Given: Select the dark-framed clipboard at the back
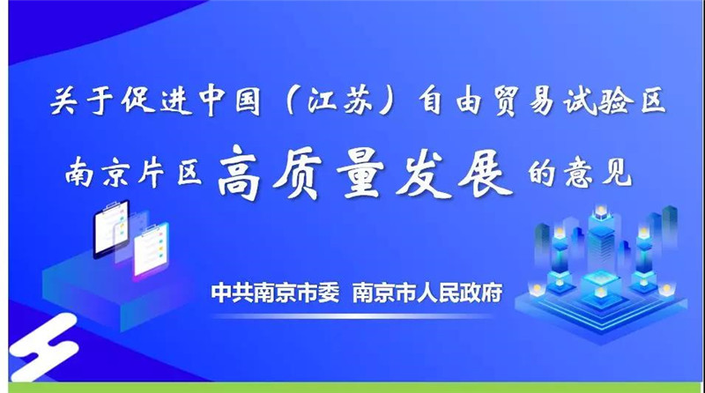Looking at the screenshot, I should coord(111,227).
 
